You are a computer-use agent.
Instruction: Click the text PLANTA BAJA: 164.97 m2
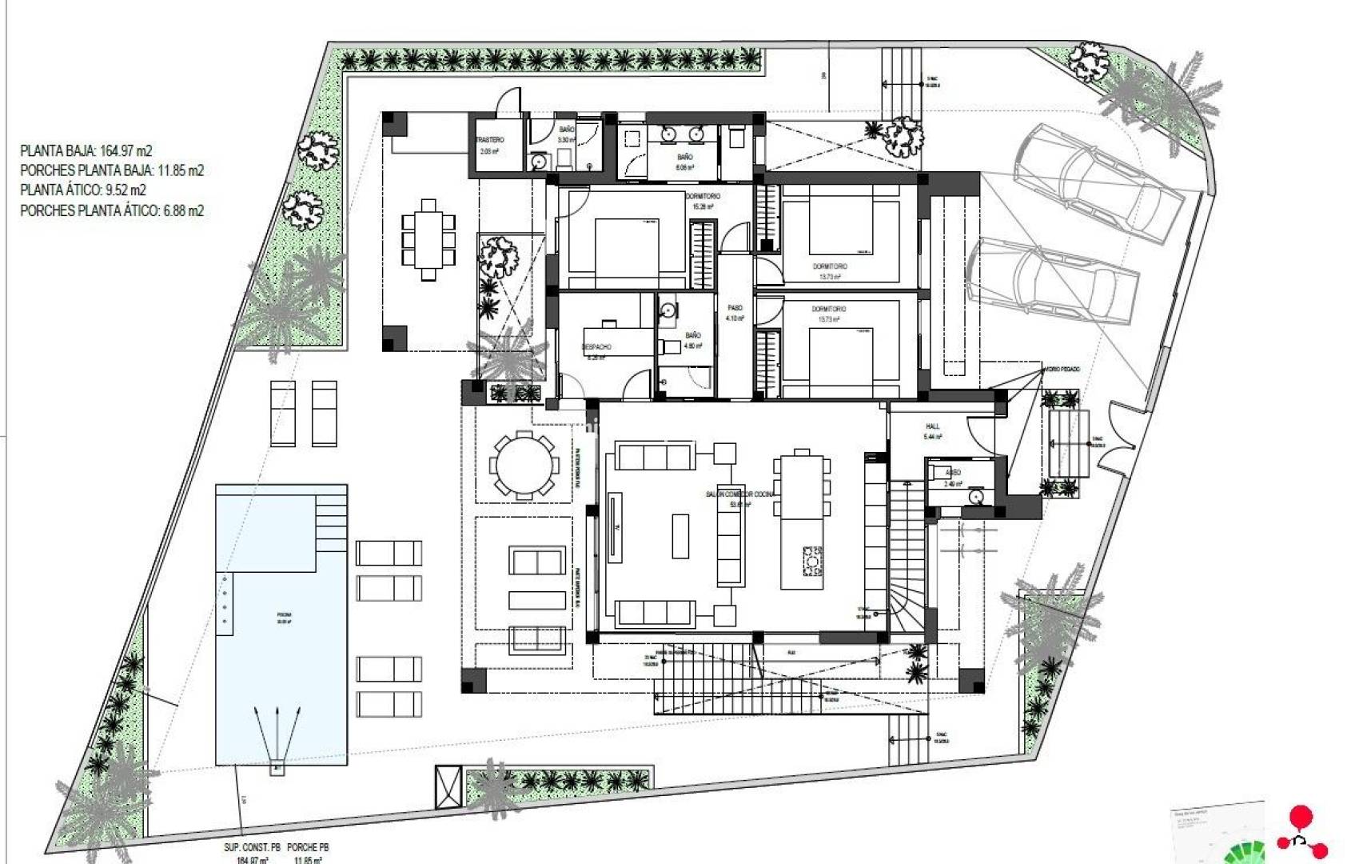tap(86, 150)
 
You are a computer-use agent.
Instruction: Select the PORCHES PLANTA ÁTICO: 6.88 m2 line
tap(111, 210)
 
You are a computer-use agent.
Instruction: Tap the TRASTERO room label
tap(490, 141)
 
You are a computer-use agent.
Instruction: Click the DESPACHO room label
tap(596, 347)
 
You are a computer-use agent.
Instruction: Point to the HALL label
tap(932, 426)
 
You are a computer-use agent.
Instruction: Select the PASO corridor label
tap(735, 308)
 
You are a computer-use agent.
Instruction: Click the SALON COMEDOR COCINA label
tap(740, 494)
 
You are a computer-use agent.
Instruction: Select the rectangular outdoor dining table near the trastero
tap(428, 239)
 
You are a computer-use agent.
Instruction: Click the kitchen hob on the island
tap(813, 560)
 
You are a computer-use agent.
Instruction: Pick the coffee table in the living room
tap(680, 535)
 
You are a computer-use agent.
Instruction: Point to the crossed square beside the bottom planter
tap(448, 786)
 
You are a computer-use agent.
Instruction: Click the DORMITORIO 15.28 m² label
tap(703, 197)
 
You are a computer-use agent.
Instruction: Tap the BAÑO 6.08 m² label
tap(684, 158)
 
